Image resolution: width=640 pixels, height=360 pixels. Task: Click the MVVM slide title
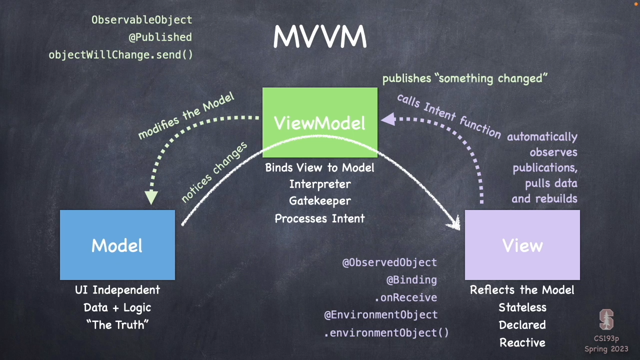tap(320, 37)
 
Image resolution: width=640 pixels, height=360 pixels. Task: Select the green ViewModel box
tap(320, 122)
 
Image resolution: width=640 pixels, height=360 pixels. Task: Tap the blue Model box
tap(117, 245)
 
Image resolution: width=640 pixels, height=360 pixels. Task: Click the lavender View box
tap(522, 245)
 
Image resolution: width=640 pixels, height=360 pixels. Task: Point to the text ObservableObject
tap(141, 20)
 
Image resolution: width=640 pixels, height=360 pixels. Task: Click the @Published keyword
tap(160, 37)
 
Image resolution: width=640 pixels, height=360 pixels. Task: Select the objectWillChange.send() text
tap(120, 54)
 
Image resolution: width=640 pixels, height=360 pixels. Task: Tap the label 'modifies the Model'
tap(185, 116)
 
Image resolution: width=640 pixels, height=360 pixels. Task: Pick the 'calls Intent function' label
tap(448, 115)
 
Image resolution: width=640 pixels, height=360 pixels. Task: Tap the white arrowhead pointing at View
tap(454, 222)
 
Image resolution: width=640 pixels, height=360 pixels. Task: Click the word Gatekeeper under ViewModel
tap(320, 201)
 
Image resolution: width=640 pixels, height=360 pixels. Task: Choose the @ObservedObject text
tap(389, 262)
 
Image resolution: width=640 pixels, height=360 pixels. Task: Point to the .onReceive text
tap(405, 298)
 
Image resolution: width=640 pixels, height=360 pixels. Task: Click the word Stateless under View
tap(522, 307)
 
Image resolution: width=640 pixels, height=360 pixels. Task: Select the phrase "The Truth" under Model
tap(117, 325)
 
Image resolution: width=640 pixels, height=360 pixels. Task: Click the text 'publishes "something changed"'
tap(465, 78)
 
